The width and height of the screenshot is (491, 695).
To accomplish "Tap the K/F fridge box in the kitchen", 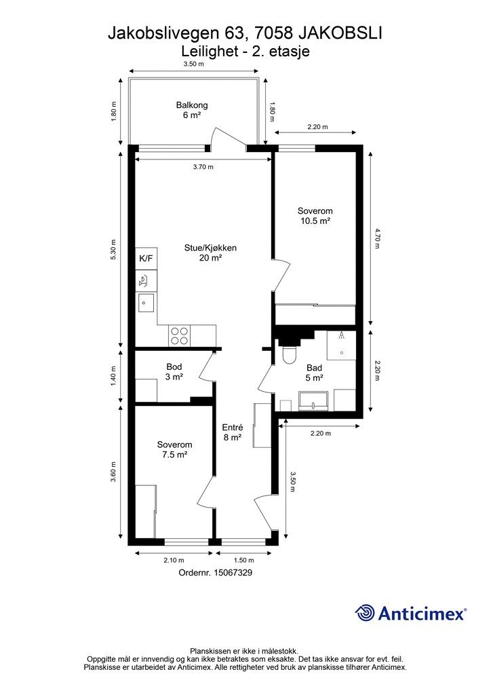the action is coord(146,259).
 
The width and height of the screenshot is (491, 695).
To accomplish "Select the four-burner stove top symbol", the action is coord(179,335).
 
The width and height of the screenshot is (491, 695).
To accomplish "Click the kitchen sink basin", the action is coord(146,303).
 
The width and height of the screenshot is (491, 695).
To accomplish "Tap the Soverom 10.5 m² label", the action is coord(315,216).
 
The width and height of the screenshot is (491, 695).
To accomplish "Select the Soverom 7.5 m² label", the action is coord(174,449).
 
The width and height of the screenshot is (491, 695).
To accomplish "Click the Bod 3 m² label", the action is coord(174,372).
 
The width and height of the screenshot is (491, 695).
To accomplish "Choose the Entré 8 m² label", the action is coord(232,432).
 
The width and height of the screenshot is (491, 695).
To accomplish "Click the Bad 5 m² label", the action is coord(315,373).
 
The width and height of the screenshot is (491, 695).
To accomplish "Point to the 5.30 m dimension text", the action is coord(113,250).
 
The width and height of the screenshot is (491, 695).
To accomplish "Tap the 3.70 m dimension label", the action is coord(203,167).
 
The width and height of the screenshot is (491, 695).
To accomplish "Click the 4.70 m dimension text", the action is coord(377,238).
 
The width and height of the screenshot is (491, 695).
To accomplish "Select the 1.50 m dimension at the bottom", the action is coord(244,560).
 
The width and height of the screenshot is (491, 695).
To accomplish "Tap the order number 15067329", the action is coord(233,573).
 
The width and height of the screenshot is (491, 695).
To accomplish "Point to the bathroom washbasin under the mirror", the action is coord(313,401).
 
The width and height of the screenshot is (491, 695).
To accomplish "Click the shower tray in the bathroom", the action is coord(341,345).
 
